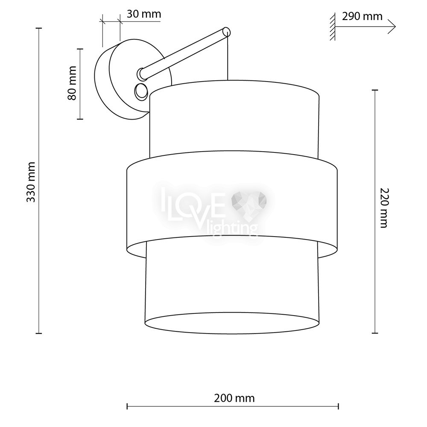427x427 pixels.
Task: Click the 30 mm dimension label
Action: pos(144,14)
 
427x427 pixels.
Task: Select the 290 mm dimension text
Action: pos(362,16)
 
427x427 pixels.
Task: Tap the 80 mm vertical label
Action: pos(72,83)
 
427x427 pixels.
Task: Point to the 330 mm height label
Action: pos(31,182)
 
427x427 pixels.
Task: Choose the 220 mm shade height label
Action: pos(384,208)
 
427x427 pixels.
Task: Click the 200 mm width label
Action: pos(234,398)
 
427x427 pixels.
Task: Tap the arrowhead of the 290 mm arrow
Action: pos(392,26)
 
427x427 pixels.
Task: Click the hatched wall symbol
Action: pos(332,26)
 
